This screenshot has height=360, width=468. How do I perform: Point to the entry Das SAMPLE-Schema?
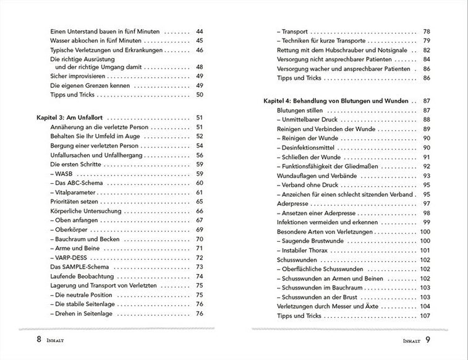click(75, 267)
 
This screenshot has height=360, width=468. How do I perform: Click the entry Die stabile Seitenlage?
click(86, 304)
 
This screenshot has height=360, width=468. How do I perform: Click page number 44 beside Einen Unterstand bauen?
click(200, 30)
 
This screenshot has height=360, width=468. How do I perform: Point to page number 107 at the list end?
click(425, 315)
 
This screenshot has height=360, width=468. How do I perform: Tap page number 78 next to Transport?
click(427, 31)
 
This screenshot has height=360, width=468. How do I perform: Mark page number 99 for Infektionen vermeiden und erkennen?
click(427, 222)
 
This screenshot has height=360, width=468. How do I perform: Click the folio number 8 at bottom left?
click(38, 339)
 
